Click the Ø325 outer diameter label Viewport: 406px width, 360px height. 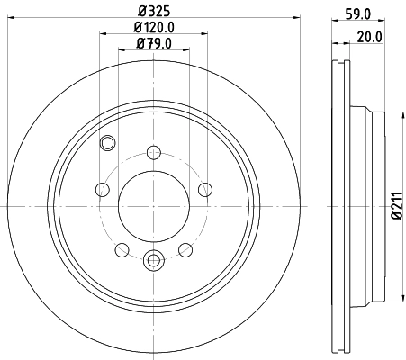pyautogui.click(x=155, y=11)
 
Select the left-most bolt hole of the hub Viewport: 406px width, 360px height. pyautogui.click(x=102, y=189)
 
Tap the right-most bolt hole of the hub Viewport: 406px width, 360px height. pyautogui.click(x=204, y=189)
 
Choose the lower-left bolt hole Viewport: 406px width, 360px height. pyautogui.click(x=122, y=249)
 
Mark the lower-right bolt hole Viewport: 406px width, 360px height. pyautogui.click(x=185, y=249)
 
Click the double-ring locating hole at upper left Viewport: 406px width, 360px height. pyautogui.click(x=108, y=141)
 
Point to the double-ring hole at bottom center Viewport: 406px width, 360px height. pyautogui.click(x=153, y=261)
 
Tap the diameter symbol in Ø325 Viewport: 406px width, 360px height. pyautogui.click(x=141, y=11)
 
